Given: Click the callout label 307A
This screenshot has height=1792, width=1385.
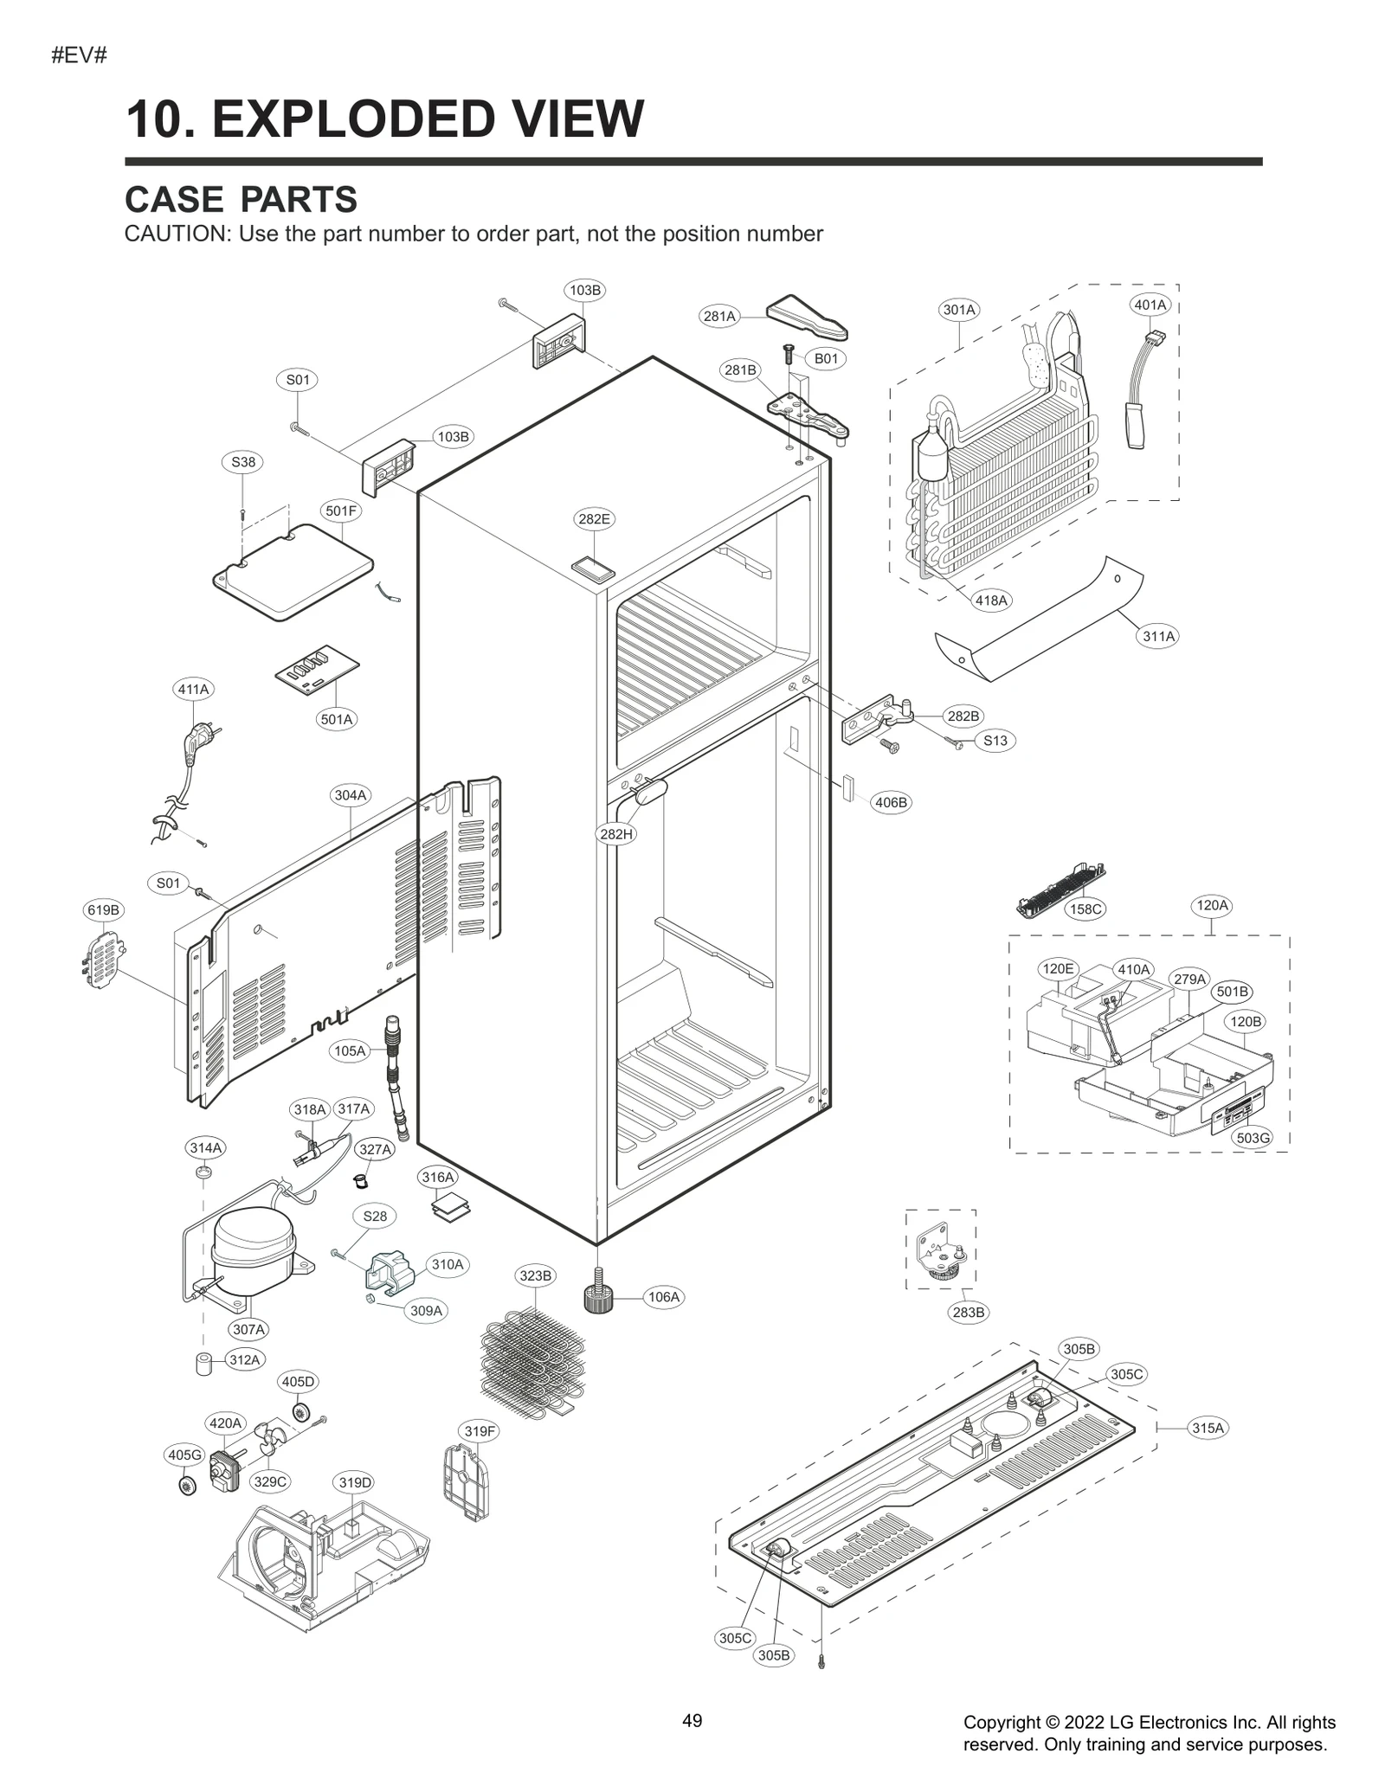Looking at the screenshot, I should [249, 1329].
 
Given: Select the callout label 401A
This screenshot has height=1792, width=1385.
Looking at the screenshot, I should [1150, 305].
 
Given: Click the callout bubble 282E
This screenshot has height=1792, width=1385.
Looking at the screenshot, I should [594, 519].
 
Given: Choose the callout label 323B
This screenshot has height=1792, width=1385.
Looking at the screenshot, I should [535, 1275].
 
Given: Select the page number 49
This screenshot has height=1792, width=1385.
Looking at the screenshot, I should [692, 1721].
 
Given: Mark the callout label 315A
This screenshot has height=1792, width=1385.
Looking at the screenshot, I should [1208, 1429].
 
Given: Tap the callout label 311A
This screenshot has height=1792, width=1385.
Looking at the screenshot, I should [1158, 637].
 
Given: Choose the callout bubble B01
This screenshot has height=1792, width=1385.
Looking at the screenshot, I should [826, 358].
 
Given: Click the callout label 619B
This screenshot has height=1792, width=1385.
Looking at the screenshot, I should [103, 910].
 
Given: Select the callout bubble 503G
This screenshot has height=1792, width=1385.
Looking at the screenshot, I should [1253, 1138].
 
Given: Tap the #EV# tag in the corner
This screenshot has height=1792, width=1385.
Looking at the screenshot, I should [79, 56].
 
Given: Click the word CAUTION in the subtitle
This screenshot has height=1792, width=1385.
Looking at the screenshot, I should [176, 234].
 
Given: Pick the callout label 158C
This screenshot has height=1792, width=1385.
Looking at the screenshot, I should [1085, 909].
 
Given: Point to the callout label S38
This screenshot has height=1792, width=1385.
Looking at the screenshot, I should [243, 462].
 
